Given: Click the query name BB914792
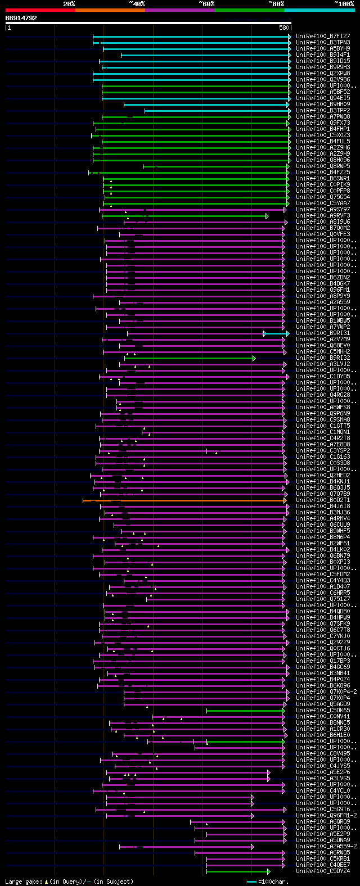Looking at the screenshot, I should (x=21, y=18).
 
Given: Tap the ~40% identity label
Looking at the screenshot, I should (x=137, y=3).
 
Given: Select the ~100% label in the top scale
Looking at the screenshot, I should (x=344, y=3).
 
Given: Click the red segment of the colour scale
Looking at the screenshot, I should (x=40, y=10).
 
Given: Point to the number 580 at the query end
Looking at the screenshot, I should (x=284, y=28).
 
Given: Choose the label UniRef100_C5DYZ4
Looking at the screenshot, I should (x=323, y=871).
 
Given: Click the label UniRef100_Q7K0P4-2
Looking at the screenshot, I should (x=326, y=692).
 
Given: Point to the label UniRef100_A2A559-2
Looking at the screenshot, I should (x=326, y=847).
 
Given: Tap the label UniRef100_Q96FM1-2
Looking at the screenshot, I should (x=326, y=816).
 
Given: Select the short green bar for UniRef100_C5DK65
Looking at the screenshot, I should (x=245, y=711).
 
